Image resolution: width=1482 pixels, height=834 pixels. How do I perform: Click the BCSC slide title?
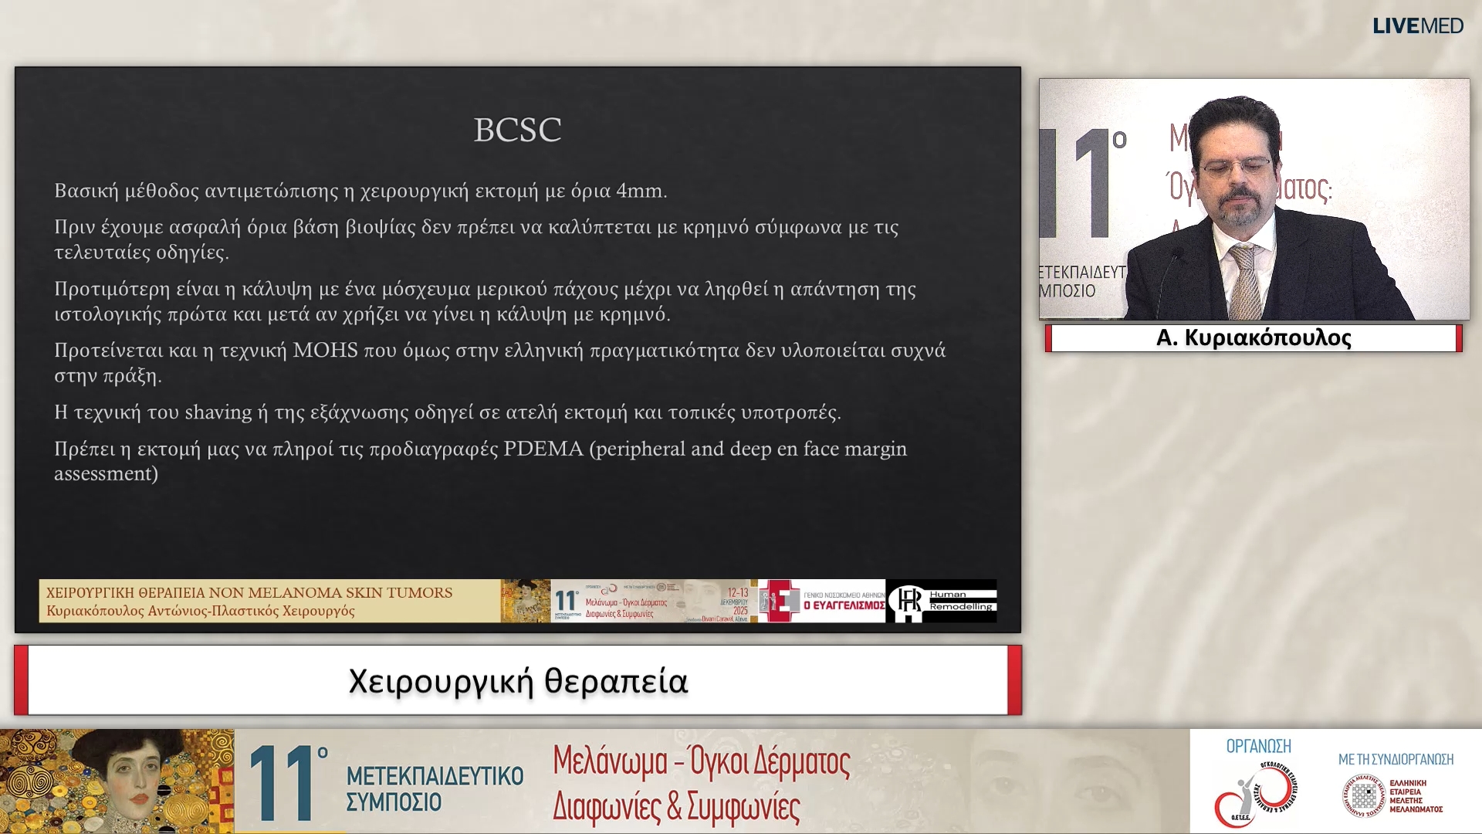[517, 130]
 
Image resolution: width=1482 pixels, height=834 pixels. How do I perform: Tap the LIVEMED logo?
[1417, 25]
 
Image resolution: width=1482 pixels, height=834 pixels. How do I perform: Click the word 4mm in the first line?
[641, 191]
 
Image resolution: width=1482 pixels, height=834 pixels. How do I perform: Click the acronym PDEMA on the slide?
[543, 449]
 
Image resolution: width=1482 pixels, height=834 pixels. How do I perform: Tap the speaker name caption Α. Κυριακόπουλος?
[1254, 338]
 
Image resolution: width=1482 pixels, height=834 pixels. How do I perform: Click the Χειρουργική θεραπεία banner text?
[518, 681]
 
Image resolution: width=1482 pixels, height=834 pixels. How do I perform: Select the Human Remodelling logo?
[942, 601]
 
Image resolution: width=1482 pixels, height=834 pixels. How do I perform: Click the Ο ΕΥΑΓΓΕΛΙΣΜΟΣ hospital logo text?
[844, 605]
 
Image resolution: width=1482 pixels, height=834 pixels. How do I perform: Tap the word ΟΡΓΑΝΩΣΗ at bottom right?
[1258, 746]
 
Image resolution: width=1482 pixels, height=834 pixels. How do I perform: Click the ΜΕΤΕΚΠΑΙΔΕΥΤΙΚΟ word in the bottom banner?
[435, 775]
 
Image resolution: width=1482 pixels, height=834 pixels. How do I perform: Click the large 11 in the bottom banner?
[282, 782]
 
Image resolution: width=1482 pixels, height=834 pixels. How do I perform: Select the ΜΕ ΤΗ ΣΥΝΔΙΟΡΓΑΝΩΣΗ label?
[1396, 759]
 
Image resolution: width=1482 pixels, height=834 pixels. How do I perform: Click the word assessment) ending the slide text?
[106, 473]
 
